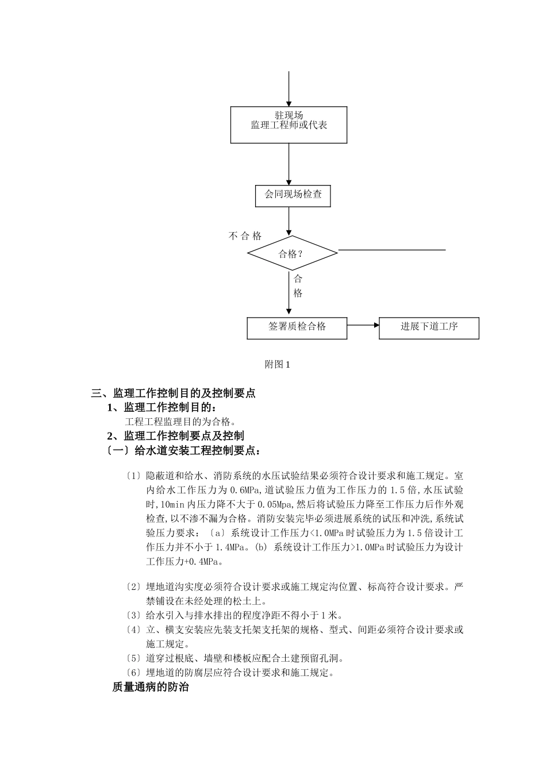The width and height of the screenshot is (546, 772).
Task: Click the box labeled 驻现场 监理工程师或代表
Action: [289, 125]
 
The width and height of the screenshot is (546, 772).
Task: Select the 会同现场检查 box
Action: [293, 195]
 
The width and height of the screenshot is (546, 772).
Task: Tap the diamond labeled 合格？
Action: [291, 253]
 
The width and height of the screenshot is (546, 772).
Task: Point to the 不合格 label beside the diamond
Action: [245, 236]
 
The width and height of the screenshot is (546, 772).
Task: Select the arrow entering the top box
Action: [289, 89]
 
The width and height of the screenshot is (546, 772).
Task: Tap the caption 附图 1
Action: [278, 364]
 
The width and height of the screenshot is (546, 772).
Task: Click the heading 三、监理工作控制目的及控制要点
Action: [173, 393]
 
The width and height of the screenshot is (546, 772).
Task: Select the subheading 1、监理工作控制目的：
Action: [163, 408]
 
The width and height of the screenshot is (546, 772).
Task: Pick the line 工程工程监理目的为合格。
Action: [176, 422]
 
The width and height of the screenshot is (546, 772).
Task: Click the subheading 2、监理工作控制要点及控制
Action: [175, 436]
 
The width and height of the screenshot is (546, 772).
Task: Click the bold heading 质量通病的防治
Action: [150, 687]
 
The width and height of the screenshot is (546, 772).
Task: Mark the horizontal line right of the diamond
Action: [391, 250]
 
